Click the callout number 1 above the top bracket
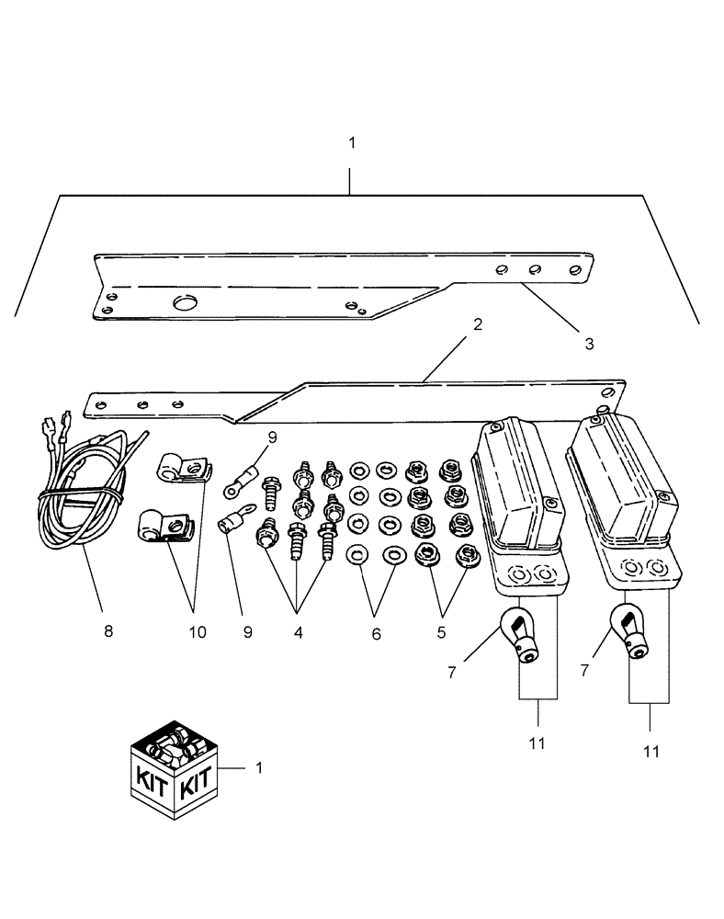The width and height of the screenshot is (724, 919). point(351,143)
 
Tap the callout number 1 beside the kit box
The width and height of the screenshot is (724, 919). point(258,766)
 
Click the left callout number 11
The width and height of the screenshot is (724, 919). point(537,743)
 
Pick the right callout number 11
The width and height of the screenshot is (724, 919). point(650,751)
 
